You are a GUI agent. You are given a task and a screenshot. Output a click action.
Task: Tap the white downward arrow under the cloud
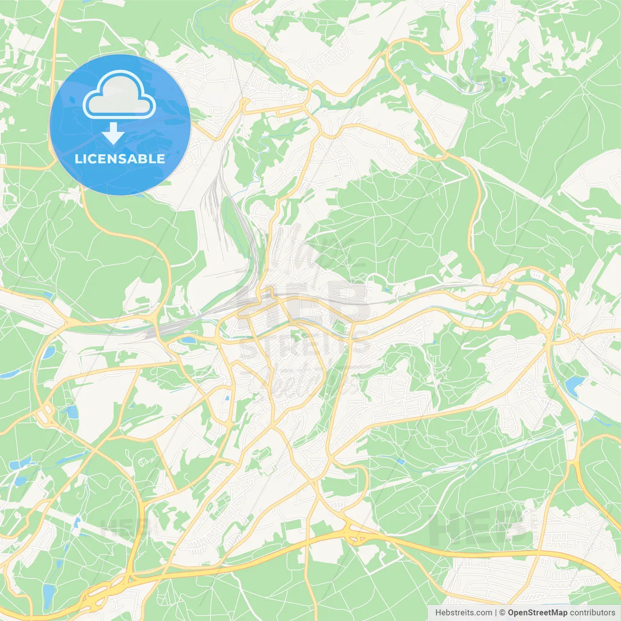pyautogui.click(x=113, y=133)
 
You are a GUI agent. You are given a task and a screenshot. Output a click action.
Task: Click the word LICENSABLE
pyautogui.click(x=120, y=159)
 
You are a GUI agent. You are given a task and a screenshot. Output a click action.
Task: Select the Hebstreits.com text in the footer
pyautogui.click(x=463, y=613)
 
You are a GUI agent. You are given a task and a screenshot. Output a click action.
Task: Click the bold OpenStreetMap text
pyautogui.click(x=537, y=613)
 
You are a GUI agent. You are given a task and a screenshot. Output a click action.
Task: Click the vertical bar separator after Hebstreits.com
pyautogui.click(x=496, y=613)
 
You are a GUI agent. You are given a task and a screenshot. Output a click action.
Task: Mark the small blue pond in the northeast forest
pyautogui.click(x=503, y=79)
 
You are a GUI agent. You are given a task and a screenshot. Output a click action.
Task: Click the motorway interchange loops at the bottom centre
pyautogui.click(x=353, y=534)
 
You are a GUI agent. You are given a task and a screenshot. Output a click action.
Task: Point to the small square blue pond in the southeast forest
pyautogui.click(x=401, y=461)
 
